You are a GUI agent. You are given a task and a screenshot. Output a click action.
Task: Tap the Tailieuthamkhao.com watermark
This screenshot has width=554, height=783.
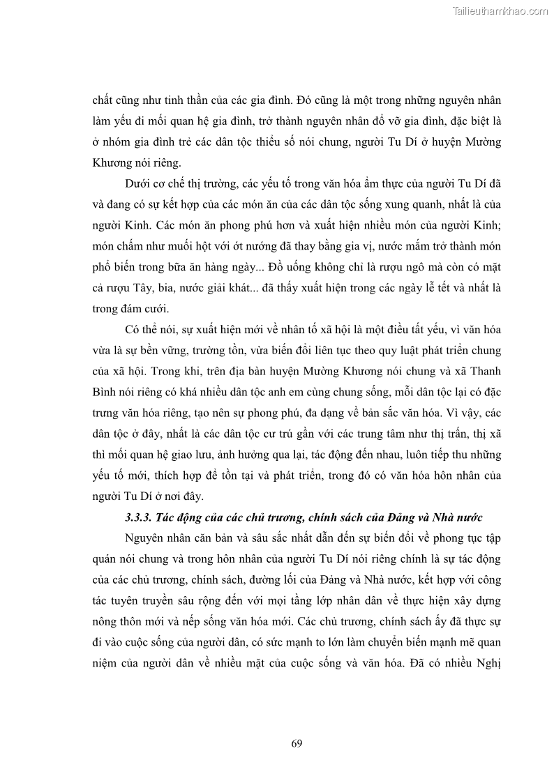point(500,10)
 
